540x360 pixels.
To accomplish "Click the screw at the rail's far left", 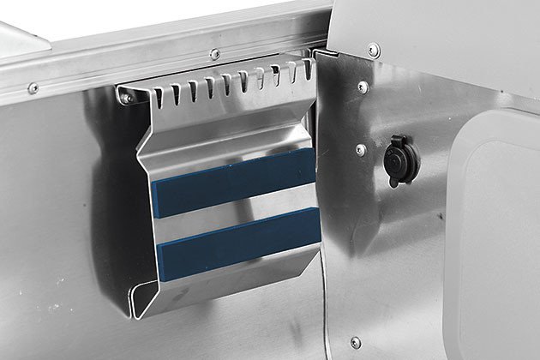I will pyautogui.click(x=33, y=87).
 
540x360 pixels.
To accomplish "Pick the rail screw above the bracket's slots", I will pyautogui.click(x=214, y=55).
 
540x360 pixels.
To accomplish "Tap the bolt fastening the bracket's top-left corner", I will pyautogui.click(x=127, y=98).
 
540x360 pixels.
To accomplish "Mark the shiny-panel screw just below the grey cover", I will pyautogui.click(x=363, y=87).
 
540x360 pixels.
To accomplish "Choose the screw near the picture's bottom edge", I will pyautogui.click(x=356, y=343).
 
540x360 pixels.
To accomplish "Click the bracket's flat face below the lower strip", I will pyautogui.click(x=231, y=279).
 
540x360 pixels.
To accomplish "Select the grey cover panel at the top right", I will pyautogui.click(x=429, y=34).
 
